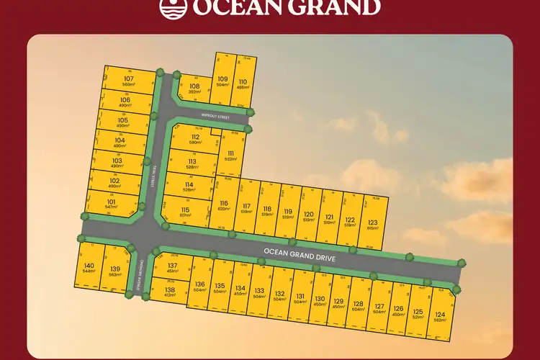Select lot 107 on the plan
pos(129,80)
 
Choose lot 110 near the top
pos(243,84)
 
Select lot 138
pos(170,292)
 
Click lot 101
pos(111,204)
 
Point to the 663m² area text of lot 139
pos(114,274)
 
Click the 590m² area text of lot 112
pos(194,143)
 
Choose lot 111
pos(230,156)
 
